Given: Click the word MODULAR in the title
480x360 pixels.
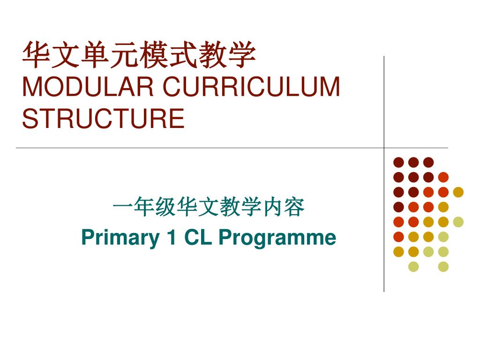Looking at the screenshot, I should tap(88, 88).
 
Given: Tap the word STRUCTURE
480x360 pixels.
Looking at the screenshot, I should tap(103, 118).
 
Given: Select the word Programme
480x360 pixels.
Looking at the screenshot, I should tap(277, 238).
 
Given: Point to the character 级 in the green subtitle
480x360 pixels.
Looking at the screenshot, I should tap(165, 208).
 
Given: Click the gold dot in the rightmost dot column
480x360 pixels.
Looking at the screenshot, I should tap(458, 192).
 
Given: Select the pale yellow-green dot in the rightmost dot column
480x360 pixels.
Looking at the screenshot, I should tap(458, 222).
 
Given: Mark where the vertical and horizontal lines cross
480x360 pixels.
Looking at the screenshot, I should tap(384, 148).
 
